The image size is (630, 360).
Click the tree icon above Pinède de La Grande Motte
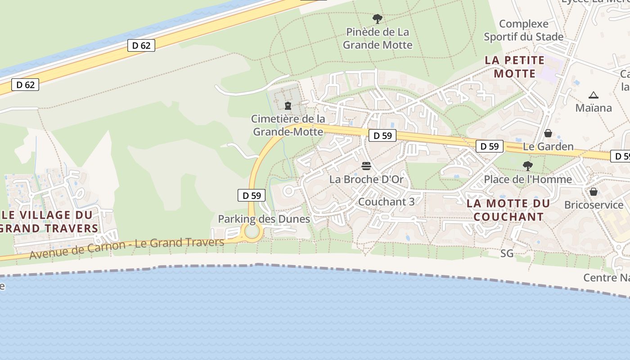(378, 19)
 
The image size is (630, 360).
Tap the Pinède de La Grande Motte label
(378, 38)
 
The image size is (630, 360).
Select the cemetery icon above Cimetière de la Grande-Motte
(288, 106)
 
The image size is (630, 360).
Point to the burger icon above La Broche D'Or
(366, 166)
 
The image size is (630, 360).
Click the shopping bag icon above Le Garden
(548, 133)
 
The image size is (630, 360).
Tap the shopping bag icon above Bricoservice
(594, 192)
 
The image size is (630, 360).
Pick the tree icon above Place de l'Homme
(527, 166)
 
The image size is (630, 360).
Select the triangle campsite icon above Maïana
(594, 95)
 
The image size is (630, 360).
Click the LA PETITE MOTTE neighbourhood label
(514, 67)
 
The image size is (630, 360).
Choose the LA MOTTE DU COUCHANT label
(508, 210)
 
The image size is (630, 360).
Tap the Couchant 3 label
(386, 202)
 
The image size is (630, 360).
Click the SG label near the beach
(507, 253)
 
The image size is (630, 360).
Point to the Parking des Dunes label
(264, 219)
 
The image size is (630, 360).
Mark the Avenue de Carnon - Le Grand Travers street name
(126, 248)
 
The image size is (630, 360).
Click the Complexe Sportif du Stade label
(523, 30)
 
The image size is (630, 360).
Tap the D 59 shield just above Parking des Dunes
(251, 195)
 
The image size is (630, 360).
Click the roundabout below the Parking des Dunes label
(252, 232)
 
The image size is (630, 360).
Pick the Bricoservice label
(594, 205)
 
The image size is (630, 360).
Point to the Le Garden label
(548, 146)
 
